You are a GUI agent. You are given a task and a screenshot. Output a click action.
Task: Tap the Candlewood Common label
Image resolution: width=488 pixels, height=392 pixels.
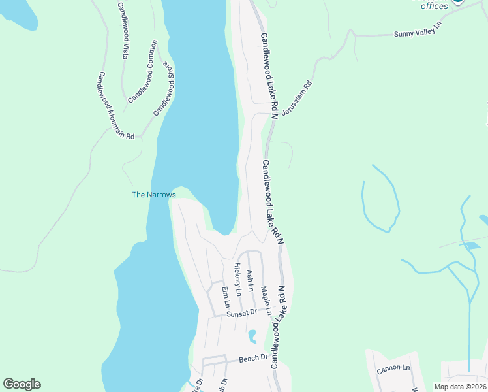(x=143, y=72)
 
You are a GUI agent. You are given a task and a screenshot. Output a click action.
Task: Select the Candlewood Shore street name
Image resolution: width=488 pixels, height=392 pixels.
(x=164, y=90)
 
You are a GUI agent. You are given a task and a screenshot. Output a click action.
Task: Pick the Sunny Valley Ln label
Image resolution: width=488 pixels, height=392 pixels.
(x=418, y=33)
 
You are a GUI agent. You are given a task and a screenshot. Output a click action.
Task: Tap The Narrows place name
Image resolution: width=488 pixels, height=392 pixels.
(x=154, y=195)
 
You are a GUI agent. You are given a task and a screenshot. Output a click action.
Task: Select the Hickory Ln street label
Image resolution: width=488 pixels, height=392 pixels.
(x=238, y=278)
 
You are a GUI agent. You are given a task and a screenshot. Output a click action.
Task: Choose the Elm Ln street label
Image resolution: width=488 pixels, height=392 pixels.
(x=226, y=297)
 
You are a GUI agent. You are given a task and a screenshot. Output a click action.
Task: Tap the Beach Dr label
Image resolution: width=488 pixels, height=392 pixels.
(x=253, y=358)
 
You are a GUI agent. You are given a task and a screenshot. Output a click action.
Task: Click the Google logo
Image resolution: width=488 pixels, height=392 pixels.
(x=22, y=384)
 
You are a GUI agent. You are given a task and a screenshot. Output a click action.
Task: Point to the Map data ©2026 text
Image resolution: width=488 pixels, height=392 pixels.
(x=460, y=387)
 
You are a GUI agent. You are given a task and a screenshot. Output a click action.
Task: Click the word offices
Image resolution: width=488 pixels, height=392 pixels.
(x=435, y=7)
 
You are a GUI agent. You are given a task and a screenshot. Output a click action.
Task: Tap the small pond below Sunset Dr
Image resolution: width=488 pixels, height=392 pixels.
(x=251, y=336)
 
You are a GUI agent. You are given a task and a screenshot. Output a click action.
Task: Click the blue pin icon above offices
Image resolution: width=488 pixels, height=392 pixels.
(x=458, y=1)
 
